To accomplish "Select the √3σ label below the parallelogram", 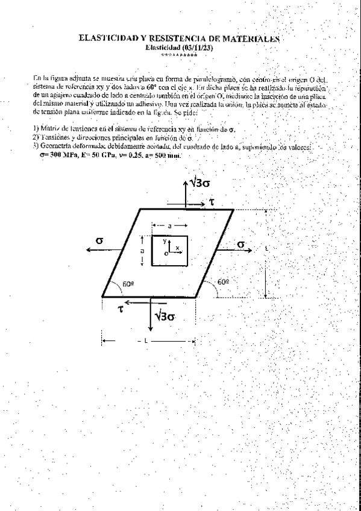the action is [165, 315].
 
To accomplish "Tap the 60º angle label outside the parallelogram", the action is [223, 281].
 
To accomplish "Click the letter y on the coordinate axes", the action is [164, 240].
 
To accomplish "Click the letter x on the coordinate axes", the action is [177, 247].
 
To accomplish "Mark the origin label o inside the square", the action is [166, 254].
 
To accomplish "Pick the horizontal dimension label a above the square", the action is [170, 225].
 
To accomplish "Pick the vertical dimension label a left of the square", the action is [142, 249].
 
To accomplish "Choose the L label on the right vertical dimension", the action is [266, 248].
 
